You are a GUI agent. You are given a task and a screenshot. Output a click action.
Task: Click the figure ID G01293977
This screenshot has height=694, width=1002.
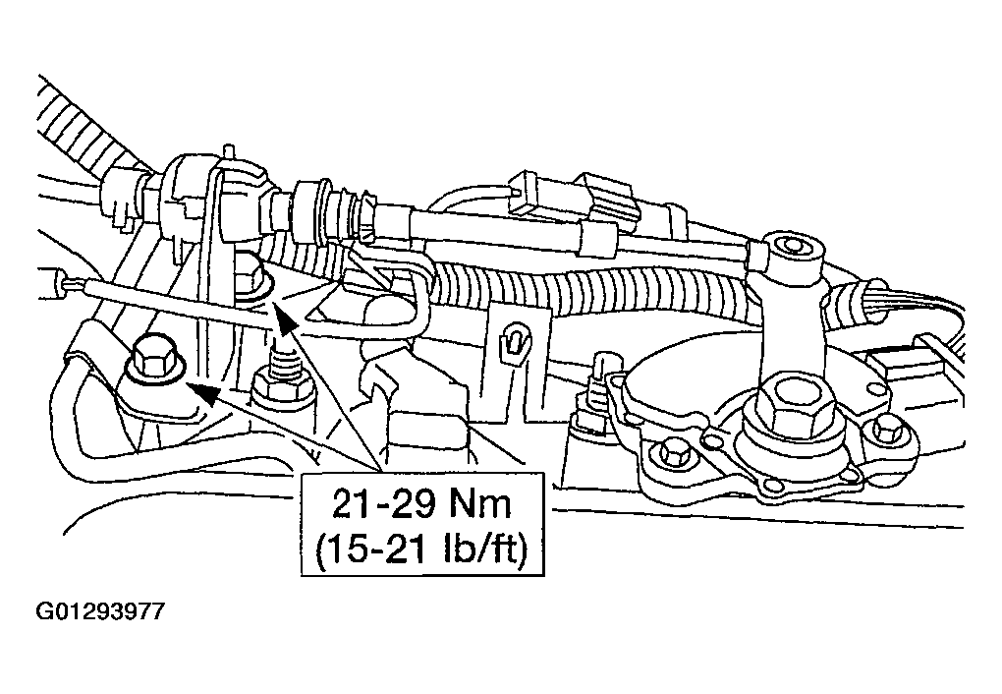100,611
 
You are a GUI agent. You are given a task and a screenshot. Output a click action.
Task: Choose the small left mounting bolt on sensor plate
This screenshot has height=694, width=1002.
672,452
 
